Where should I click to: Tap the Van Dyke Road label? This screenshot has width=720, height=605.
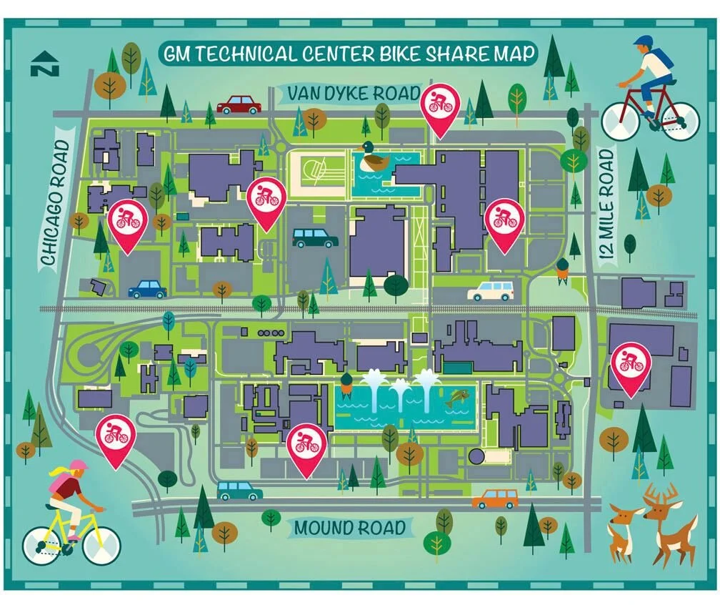point(352,94)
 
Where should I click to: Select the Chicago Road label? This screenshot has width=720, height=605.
point(57,204)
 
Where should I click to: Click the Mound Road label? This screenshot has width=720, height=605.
point(351,528)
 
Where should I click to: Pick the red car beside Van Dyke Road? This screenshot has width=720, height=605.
point(239,105)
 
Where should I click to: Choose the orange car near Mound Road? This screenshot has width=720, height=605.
point(495,498)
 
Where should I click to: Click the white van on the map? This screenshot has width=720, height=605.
point(490,290)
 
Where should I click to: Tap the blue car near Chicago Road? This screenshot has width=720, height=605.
point(147,289)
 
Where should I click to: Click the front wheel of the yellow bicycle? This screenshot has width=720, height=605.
point(101,546)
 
